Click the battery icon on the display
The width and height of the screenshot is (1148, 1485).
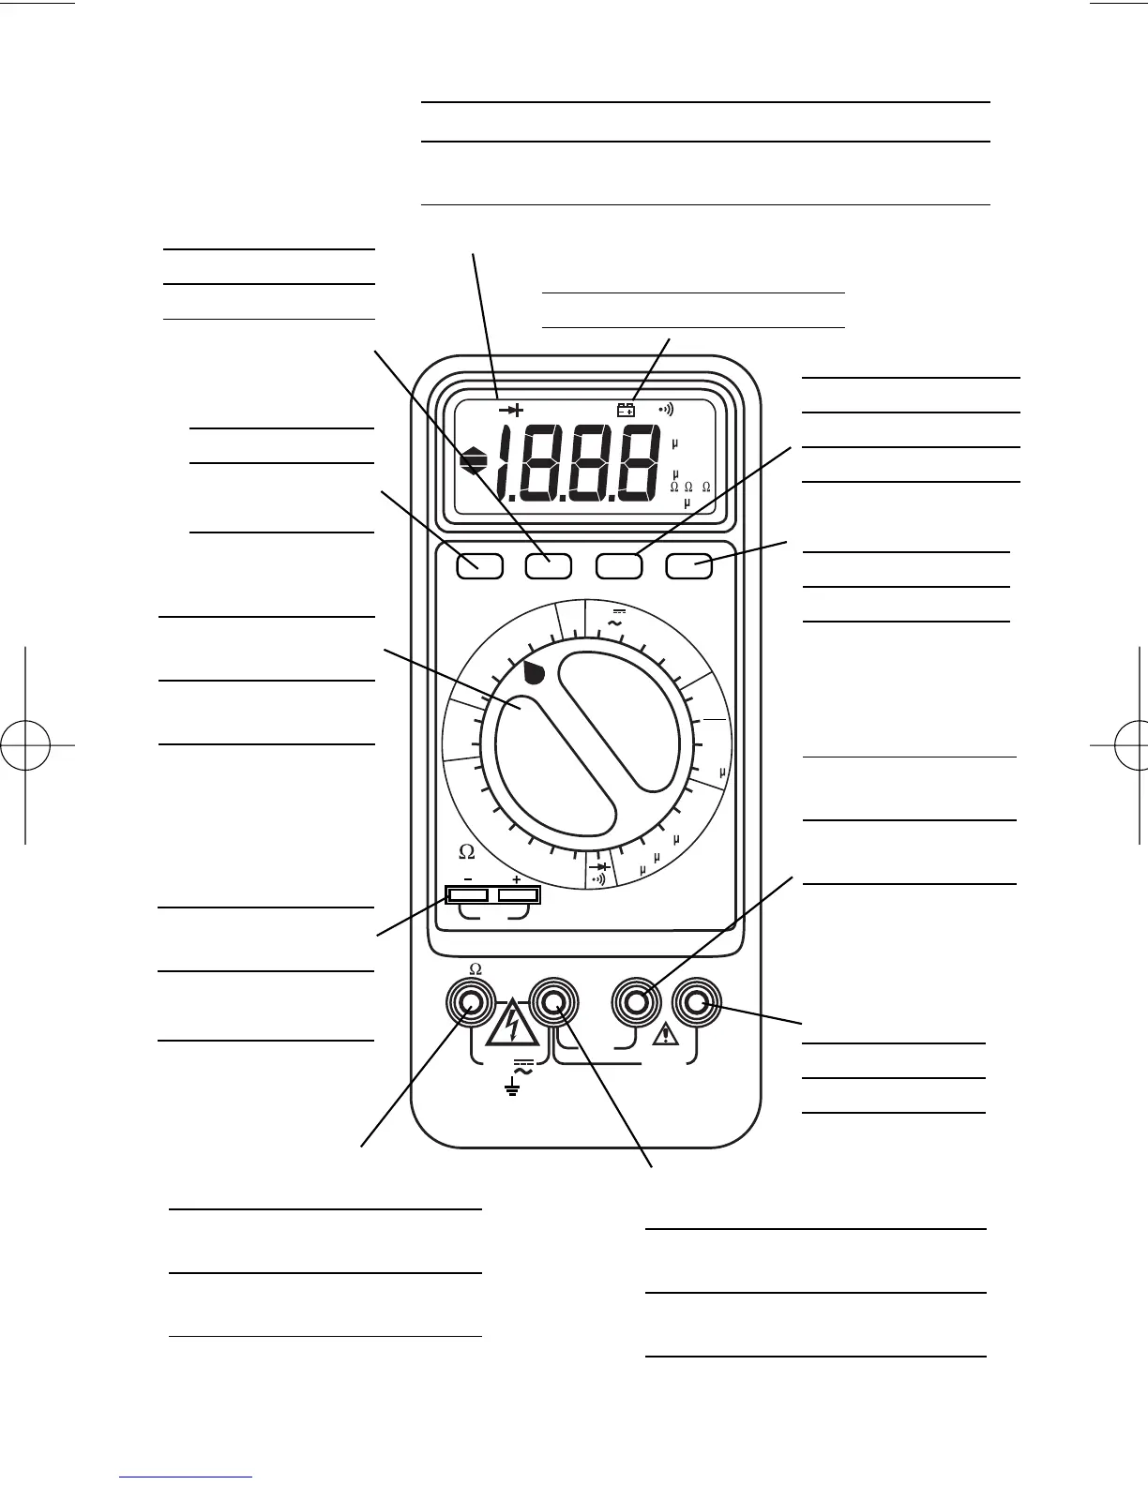click(626, 410)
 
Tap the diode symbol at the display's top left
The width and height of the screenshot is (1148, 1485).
click(512, 410)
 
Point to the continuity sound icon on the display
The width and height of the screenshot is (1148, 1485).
click(666, 410)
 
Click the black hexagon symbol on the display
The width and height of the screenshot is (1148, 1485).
click(475, 461)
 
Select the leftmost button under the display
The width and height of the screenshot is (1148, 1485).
click(480, 565)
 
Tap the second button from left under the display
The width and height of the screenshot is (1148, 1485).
click(548, 565)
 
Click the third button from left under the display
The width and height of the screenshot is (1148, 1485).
click(620, 565)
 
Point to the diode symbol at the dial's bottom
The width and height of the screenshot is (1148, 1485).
click(599, 867)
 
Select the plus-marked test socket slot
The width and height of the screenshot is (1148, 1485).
click(518, 895)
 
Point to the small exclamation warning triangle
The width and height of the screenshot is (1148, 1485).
click(667, 1034)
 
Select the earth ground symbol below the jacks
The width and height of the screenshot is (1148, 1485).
click(512, 1088)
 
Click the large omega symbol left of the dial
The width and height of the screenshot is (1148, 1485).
click(466, 852)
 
